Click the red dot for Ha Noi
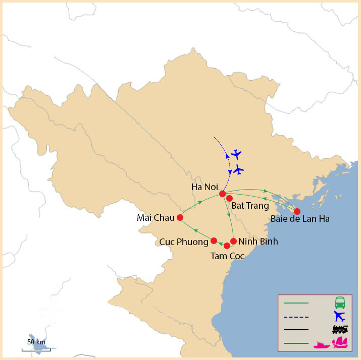222,194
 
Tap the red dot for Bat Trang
229,198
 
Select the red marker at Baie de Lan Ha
297,211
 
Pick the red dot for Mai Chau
180,218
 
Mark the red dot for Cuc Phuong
214,241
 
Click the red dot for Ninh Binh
233,241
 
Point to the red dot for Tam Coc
227,246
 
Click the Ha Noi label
204,187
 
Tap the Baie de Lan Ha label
300,219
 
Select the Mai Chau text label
154,218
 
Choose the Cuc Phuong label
183,242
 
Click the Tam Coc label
227,256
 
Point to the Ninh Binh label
258,242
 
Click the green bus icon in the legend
340,303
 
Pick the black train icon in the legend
340,330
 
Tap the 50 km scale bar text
36,342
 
